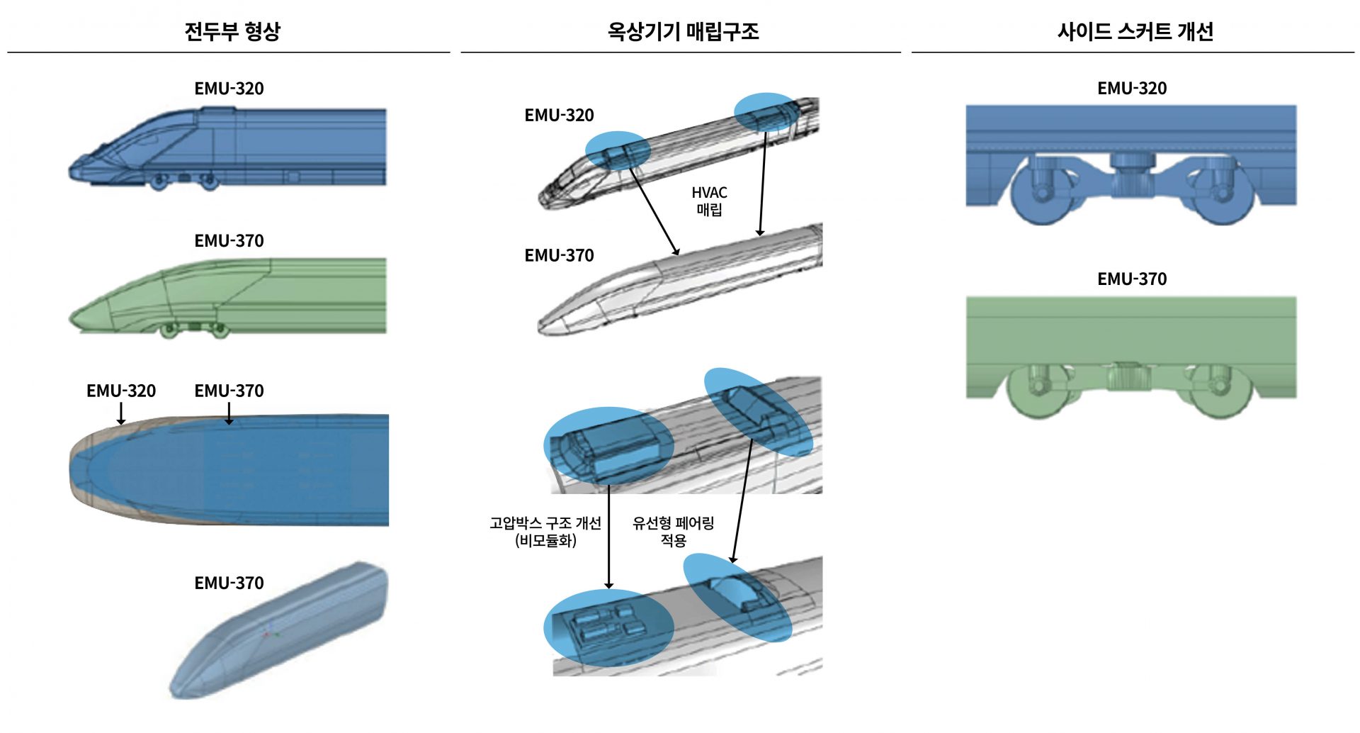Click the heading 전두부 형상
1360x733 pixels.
[x=232, y=31]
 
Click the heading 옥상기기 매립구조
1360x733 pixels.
[x=683, y=31]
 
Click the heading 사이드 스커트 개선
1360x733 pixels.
[x=1135, y=31]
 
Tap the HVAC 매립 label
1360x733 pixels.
[x=709, y=201]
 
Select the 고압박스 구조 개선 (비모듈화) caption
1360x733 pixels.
[x=545, y=532]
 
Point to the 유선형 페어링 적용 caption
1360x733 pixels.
[x=673, y=532]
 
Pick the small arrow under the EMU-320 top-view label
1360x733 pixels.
[x=121, y=413]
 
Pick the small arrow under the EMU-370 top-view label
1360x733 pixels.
[x=229, y=413]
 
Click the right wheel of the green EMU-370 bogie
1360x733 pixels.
[x=1220, y=393]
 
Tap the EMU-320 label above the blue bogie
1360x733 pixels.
[x=1131, y=89]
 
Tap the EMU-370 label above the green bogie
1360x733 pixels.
[x=1131, y=279]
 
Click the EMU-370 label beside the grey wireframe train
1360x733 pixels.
[x=559, y=255]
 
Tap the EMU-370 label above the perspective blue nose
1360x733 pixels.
[x=229, y=583]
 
